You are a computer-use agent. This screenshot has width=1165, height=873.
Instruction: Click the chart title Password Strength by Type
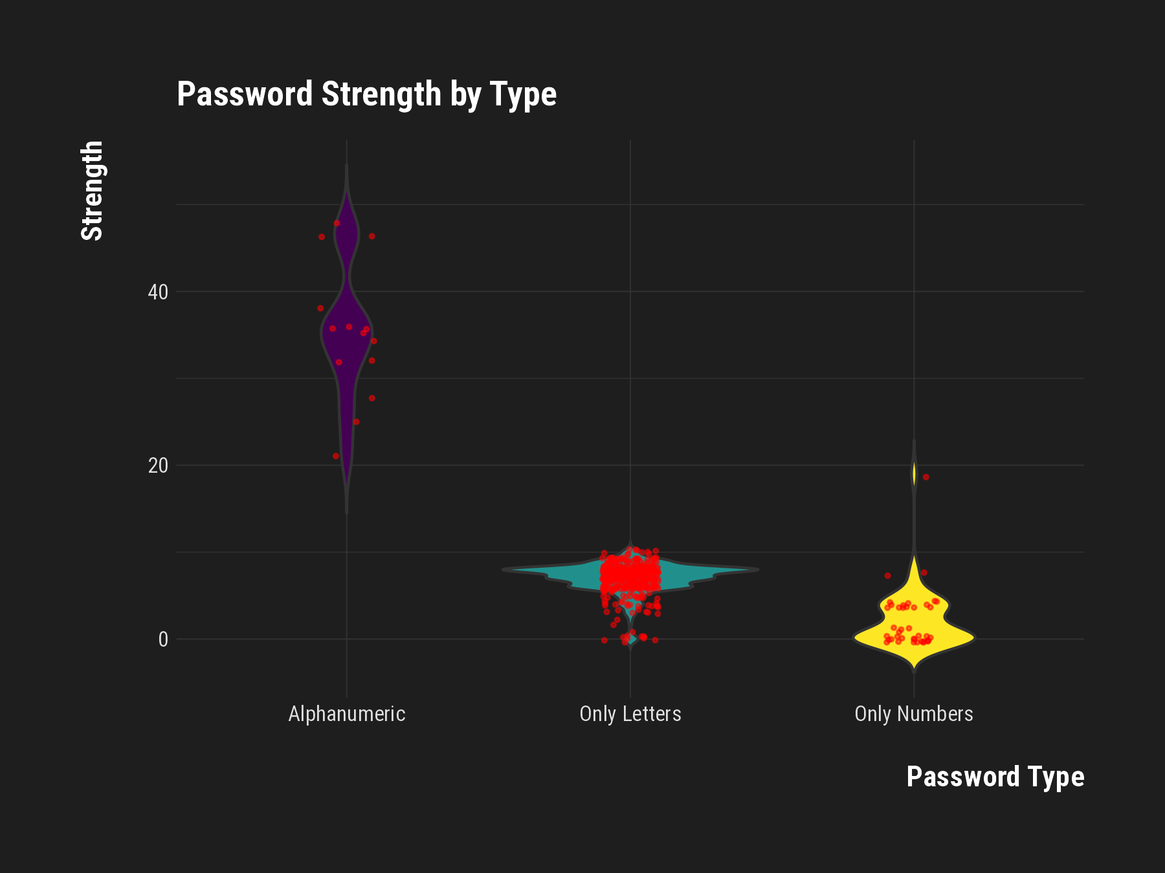click(366, 94)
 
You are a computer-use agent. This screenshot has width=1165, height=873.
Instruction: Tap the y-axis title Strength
click(92, 191)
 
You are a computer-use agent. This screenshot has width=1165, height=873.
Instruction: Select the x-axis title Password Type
click(995, 777)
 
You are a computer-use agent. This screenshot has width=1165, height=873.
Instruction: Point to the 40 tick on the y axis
click(158, 292)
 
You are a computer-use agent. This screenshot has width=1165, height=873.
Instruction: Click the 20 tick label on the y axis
click(158, 466)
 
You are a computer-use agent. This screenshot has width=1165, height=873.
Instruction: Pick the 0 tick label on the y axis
click(163, 640)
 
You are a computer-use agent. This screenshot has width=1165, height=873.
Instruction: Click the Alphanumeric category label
click(347, 714)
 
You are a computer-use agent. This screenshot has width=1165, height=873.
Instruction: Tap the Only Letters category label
click(630, 714)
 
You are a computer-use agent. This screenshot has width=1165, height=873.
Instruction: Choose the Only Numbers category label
click(914, 714)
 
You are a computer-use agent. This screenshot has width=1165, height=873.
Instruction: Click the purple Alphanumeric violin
click(347, 336)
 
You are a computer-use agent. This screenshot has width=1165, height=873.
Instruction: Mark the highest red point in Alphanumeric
click(337, 223)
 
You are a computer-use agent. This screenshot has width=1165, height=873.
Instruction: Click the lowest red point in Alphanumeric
click(336, 456)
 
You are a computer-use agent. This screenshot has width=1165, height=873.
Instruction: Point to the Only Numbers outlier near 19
click(926, 477)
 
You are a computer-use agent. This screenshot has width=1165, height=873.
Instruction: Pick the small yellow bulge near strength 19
click(914, 473)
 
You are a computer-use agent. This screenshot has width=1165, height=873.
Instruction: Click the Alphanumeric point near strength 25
click(356, 422)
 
